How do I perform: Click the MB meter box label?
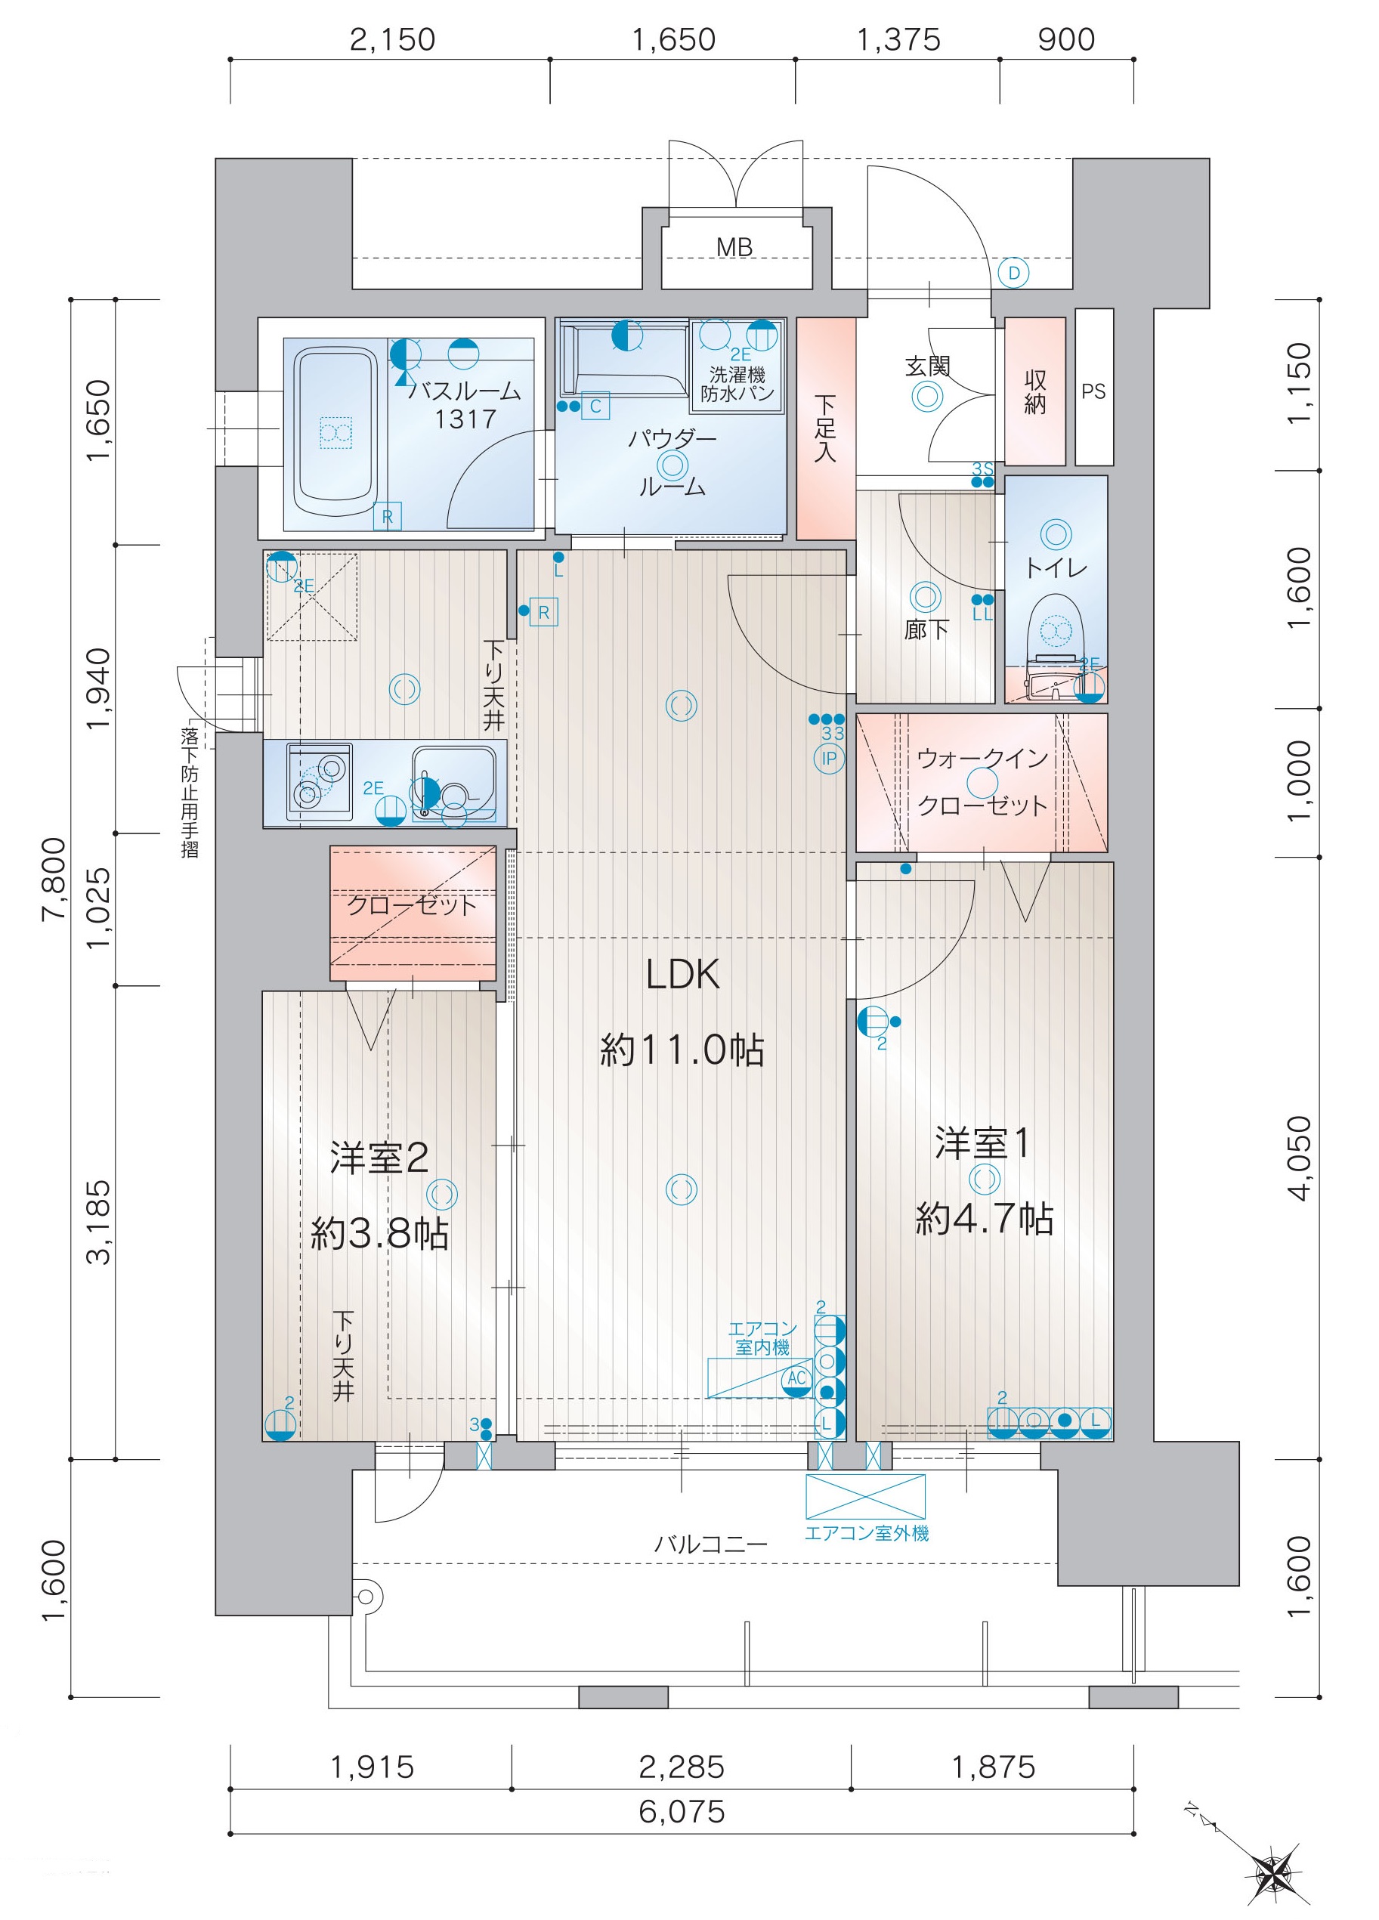(734, 248)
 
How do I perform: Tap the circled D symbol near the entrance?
(1013, 274)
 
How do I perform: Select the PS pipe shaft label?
(1093, 391)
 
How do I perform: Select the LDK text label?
(682, 975)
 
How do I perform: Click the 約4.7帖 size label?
(984, 1219)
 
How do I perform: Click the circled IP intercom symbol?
(829, 759)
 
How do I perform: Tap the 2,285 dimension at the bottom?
(682, 1766)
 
